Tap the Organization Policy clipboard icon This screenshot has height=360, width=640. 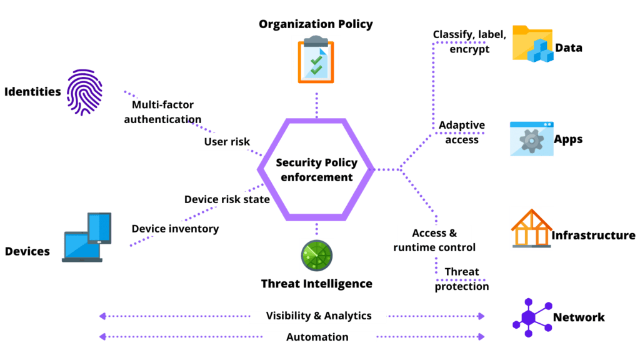pos(316,59)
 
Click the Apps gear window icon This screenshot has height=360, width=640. pos(531,139)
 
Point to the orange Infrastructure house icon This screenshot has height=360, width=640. pos(531,228)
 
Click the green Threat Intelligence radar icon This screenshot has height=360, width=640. pos(316,255)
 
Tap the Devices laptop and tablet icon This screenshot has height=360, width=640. pos(87,237)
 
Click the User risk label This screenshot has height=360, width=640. pos(227,142)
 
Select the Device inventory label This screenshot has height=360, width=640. pos(175,229)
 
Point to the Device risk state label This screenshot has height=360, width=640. pos(227,199)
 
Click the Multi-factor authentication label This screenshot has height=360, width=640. pos(162,111)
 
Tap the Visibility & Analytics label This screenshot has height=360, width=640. pos(318,316)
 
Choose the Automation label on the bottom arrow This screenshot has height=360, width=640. pos(318,337)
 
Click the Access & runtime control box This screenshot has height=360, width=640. pos(434,240)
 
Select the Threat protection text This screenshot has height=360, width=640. pos(462,279)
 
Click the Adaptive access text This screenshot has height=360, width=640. pos(461,132)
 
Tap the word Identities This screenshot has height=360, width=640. pos(32,92)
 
